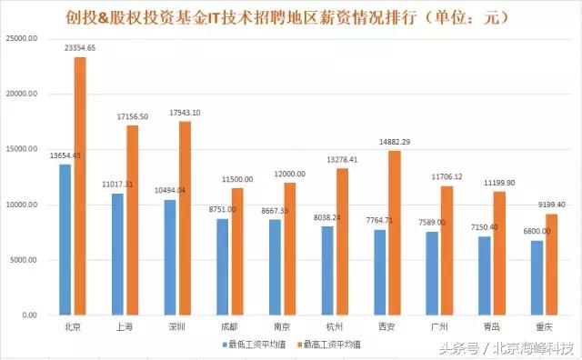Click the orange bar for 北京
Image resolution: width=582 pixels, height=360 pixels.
pyautogui.click(x=80, y=186)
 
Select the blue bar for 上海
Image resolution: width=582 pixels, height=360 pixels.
pyautogui.click(x=118, y=254)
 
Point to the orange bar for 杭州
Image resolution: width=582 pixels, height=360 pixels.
pyautogui.click(x=342, y=241)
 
